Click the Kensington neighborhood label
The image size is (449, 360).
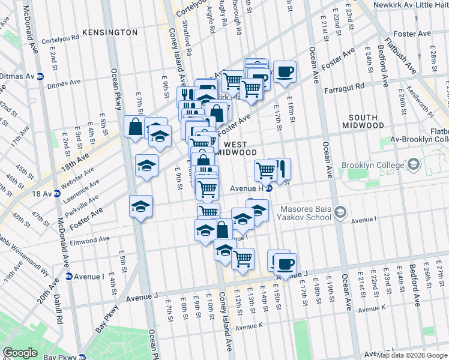tap(110, 32)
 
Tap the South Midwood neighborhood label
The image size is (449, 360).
tap(360, 121)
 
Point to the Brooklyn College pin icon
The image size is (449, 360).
tap(413, 164)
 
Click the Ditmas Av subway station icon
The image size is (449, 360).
tap(41, 77)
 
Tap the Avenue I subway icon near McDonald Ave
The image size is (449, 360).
tap(69, 277)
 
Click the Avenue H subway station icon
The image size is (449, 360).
tap(270, 188)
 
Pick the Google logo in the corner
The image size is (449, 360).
tap(19, 352)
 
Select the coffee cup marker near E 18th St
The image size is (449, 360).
tap(285, 72)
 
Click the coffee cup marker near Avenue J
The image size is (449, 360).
tap(285, 263)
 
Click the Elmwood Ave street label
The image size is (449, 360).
tap(89, 239)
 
